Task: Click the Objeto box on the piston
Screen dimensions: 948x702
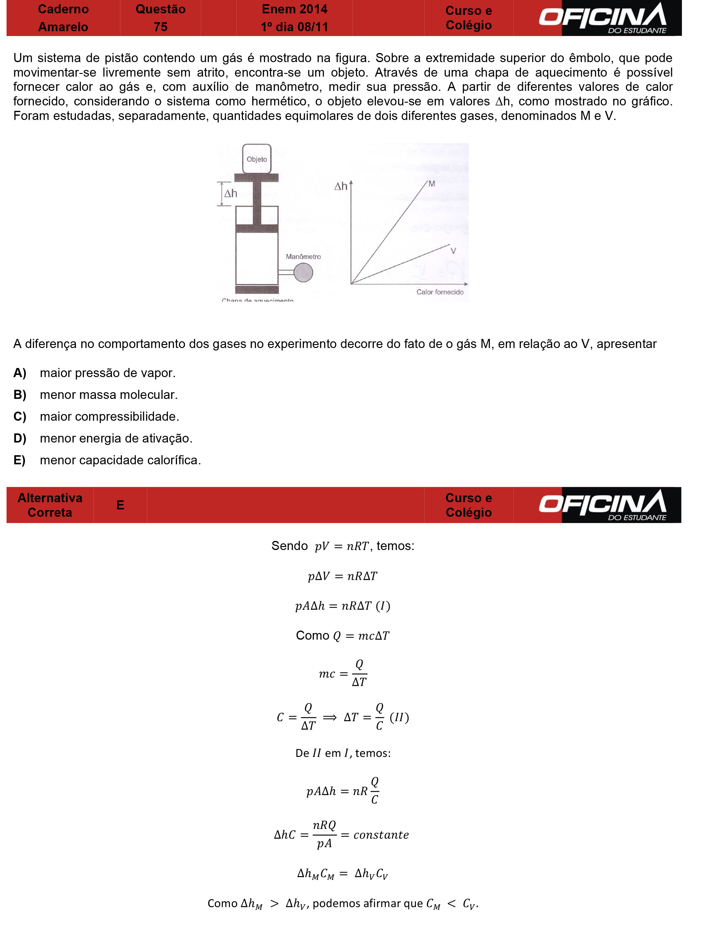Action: point(257,159)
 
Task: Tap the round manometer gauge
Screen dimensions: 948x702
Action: point(303,273)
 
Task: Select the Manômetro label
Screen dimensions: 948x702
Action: point(303,257)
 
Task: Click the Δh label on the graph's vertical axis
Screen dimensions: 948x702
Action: point(341,186)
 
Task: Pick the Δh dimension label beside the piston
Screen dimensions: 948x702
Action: point(231,194)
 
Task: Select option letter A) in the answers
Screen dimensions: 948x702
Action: point(20,373)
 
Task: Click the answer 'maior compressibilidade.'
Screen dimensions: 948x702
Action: point(110,416)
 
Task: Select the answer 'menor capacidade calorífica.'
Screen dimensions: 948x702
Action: point(120,460)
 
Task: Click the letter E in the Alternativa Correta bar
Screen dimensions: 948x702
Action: point(120,505)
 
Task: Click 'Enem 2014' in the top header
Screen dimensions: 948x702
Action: point(294,9)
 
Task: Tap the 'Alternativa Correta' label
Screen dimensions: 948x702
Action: point(50,505)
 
